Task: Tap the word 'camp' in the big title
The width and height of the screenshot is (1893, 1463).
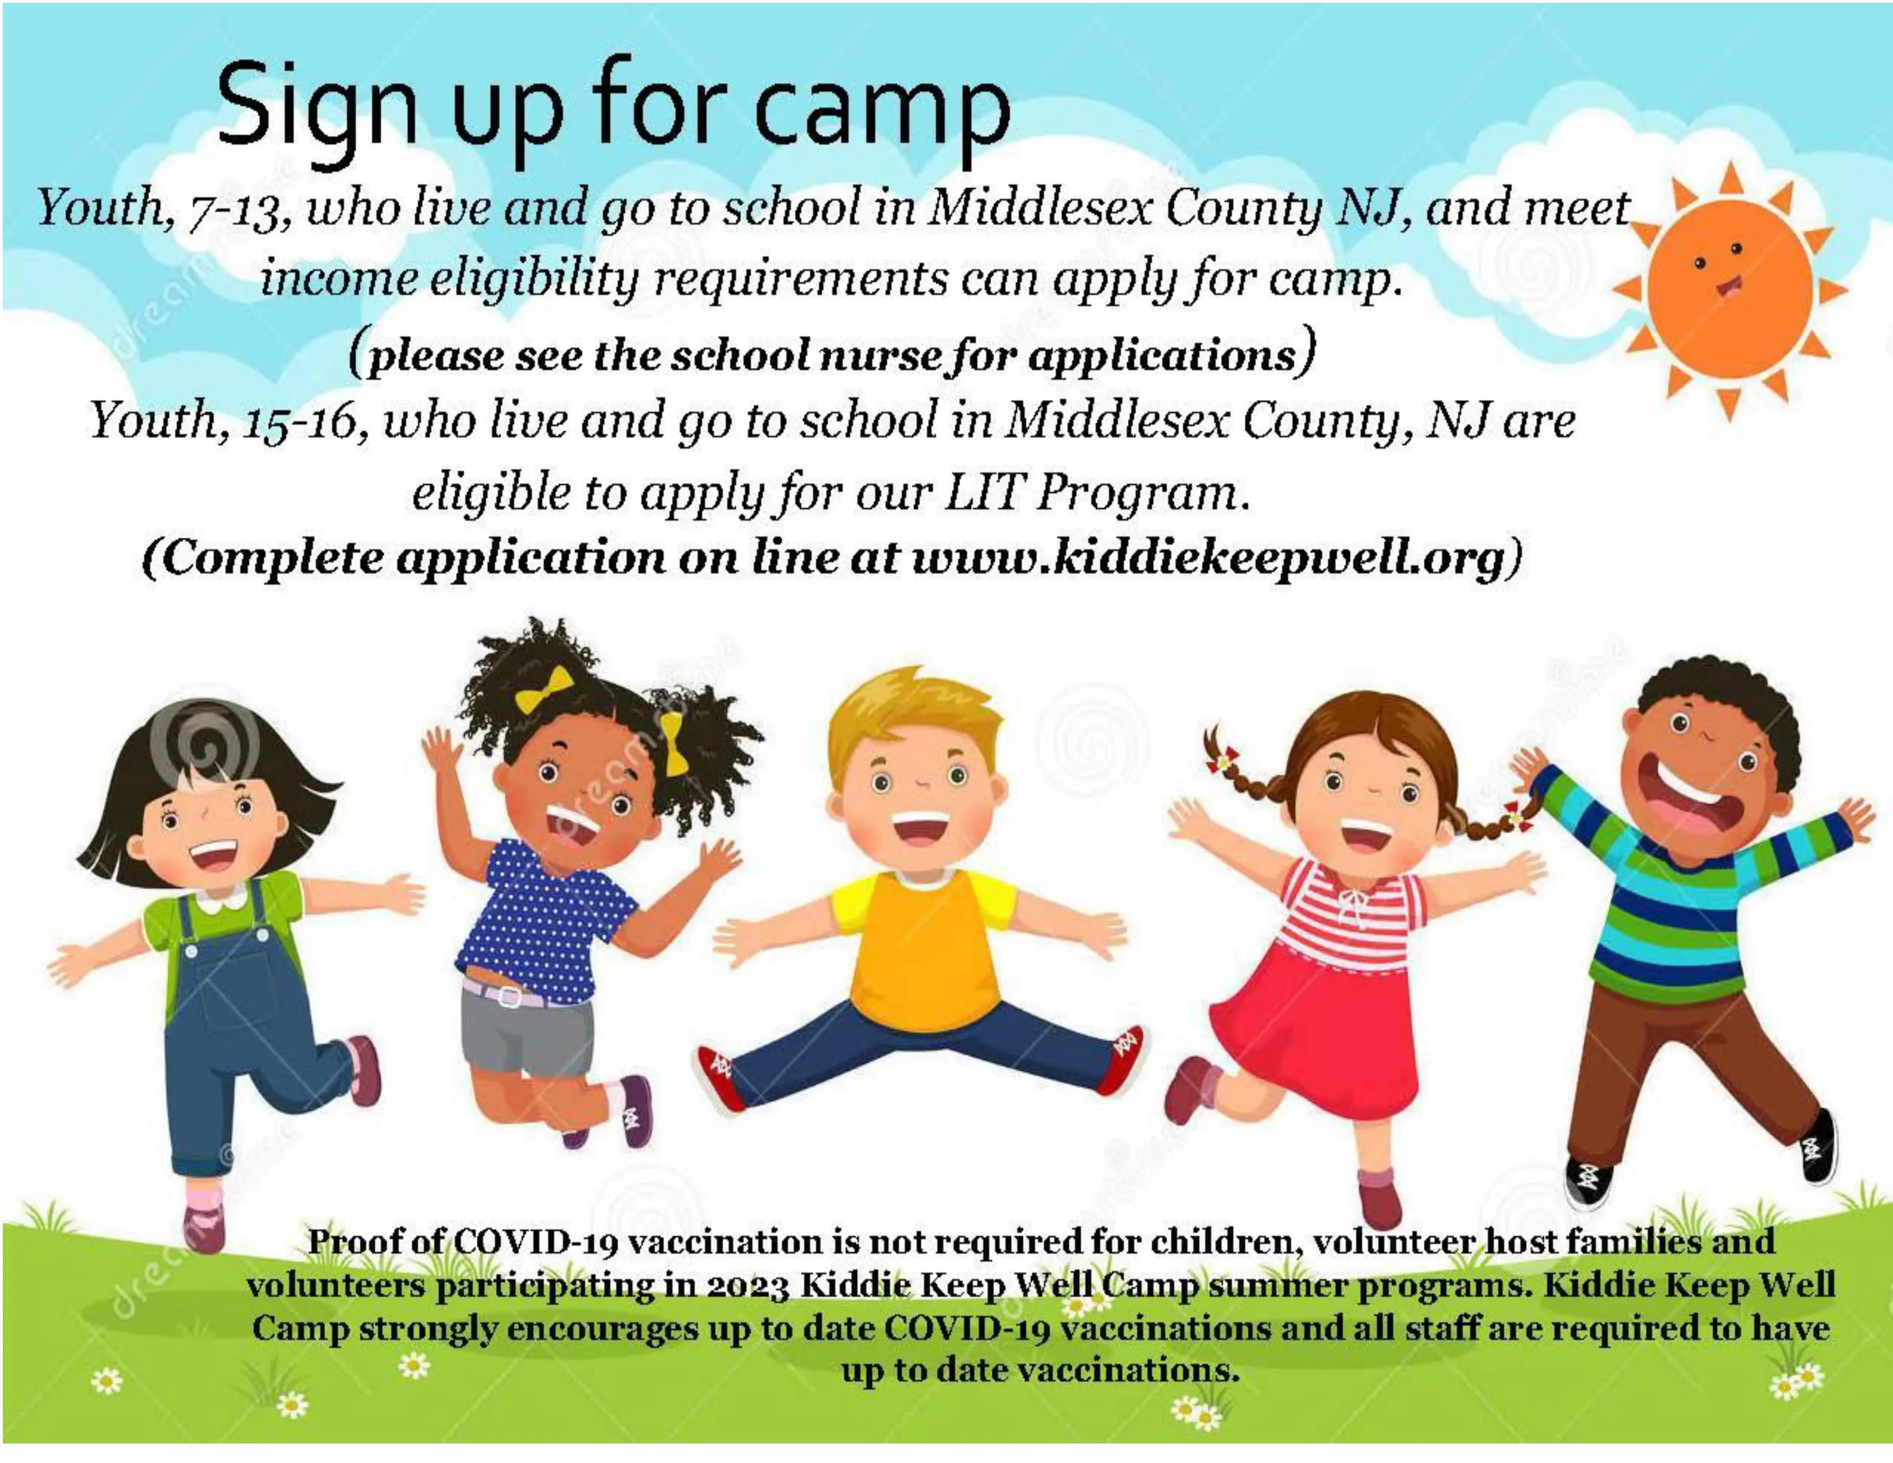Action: [882, 110]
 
